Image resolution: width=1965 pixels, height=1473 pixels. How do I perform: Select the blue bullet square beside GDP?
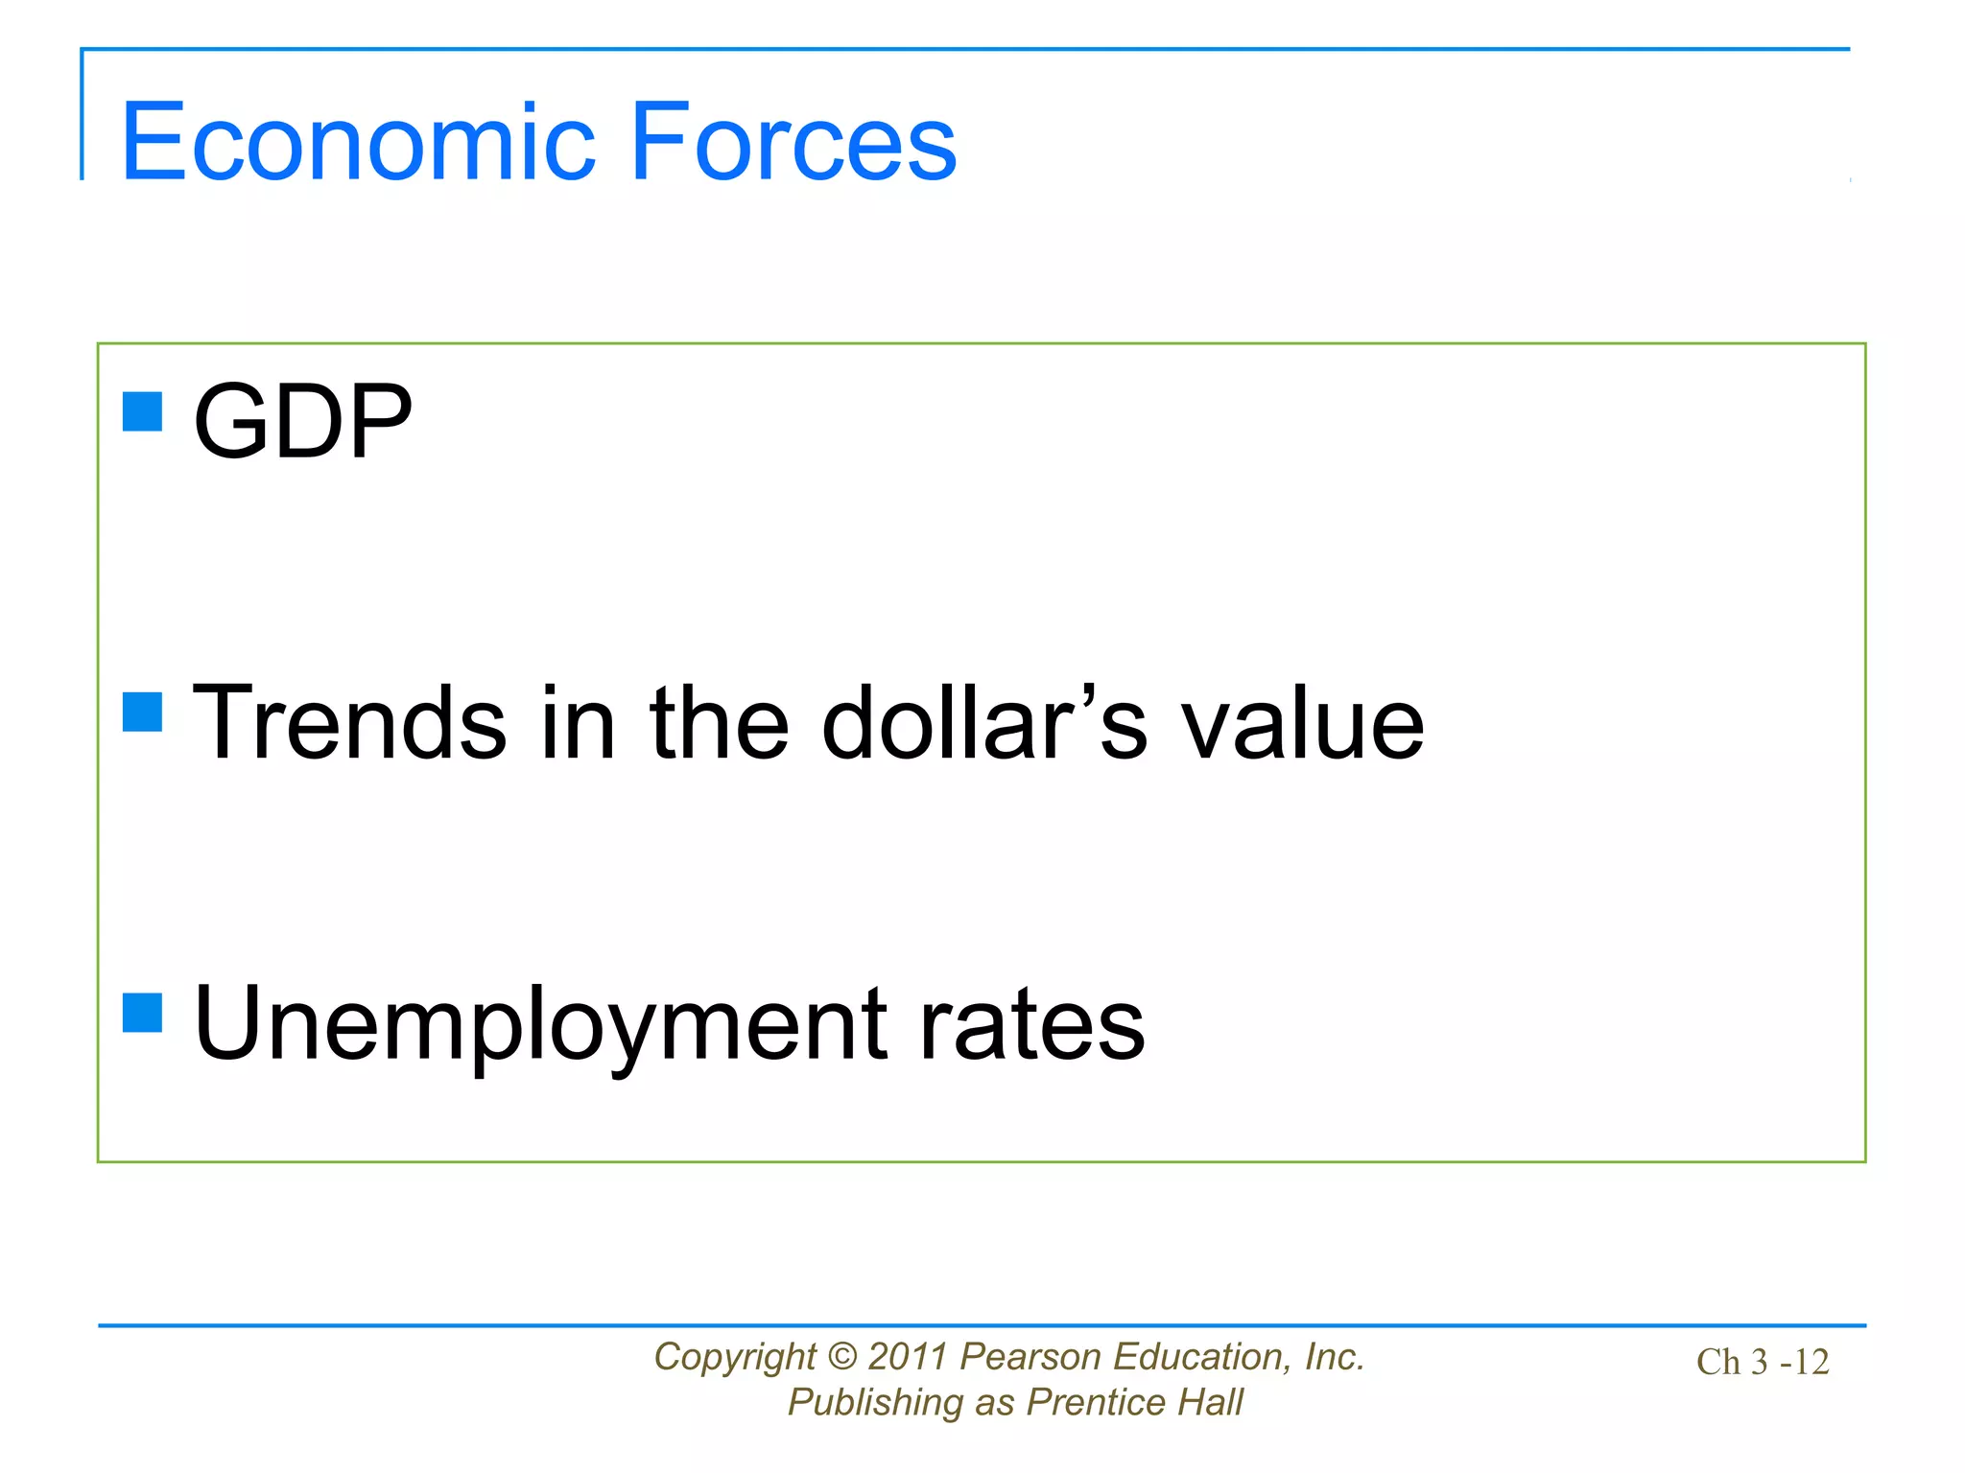coord(143,412)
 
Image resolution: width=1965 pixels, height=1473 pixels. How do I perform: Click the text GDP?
coord(302,422)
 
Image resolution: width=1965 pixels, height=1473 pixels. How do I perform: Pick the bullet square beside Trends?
coord(143,713)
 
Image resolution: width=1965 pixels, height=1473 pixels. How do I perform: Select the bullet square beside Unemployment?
coord(143,1012)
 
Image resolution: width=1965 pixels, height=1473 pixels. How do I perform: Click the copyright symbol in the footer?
coord(841,1357)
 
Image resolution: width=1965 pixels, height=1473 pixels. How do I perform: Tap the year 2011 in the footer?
coord(908,1357)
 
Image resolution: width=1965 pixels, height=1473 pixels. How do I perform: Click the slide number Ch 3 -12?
coord(1763,1362)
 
